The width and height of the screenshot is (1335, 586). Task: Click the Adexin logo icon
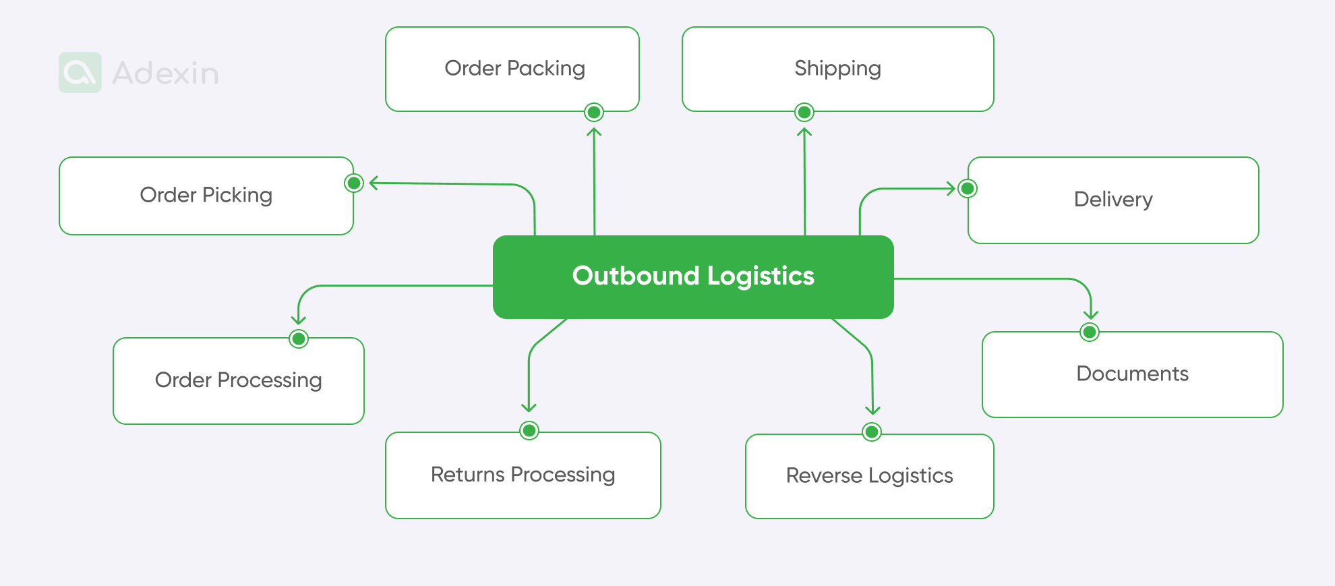tap(80, 73)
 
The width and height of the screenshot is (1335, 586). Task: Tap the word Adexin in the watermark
tap(166, 74)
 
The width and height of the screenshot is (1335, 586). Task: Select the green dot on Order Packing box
tap(594, 112)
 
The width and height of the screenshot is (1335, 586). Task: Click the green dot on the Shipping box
tap(804, 112)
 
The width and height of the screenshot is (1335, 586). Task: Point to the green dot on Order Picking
tap(354, 183)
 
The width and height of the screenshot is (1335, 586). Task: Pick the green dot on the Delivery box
tap(968, 188)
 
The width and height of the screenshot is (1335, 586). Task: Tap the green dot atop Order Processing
tap(299, 339)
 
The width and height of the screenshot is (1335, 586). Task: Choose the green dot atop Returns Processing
tap(529, 430)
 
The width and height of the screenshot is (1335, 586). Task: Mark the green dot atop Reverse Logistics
tap(872, 432)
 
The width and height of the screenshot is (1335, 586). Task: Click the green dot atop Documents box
tap(1090, 332)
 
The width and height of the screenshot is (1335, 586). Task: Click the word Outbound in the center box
tap(636, 276)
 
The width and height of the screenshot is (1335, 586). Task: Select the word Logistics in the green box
tap(761, 276)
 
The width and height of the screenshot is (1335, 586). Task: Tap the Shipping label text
tap(837, 69)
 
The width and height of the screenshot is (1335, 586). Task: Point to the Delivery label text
tap(1113, 200)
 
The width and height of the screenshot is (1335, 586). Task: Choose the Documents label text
tap(1132, 374)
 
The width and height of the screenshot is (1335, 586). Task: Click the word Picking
tap(237, 195)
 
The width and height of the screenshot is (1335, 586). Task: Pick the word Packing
tap(546, 69)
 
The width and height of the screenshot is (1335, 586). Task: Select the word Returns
tap(468, 475)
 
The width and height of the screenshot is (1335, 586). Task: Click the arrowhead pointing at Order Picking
tap(373, 183)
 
